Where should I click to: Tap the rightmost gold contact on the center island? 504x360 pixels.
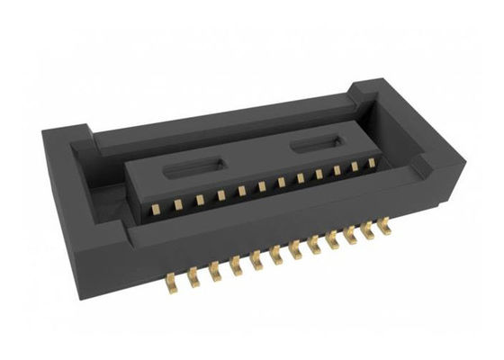click(370, 163)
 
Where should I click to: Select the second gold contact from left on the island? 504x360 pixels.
click(179, 202)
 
